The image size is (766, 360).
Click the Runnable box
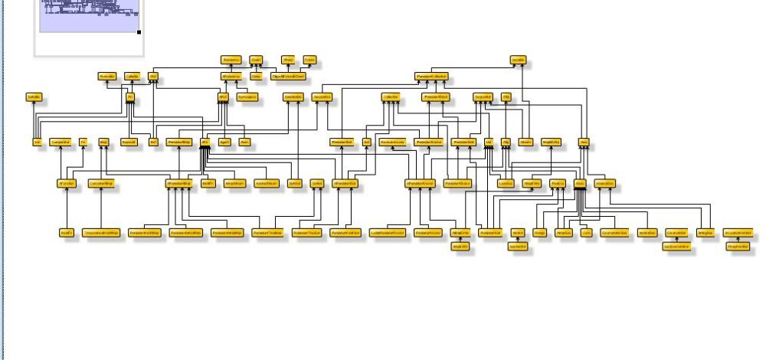coord(106,77)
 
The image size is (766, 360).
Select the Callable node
coord(131,77)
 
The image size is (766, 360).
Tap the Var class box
coord(153,142)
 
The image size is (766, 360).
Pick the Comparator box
coord(60,142)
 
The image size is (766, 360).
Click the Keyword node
coord(129,142)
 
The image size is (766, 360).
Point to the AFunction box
coord(65,184)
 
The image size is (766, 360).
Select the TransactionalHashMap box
coord(101,232)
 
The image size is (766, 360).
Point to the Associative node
coord(322,97)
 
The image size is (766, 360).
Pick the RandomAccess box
coord(391,142)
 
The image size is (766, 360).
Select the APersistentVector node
coord(420,184)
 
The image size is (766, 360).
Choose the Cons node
coord(584,142)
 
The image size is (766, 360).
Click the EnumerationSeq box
coord(614,232)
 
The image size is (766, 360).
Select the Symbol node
coord(293,184)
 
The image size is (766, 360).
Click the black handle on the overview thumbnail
coord(139,32)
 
